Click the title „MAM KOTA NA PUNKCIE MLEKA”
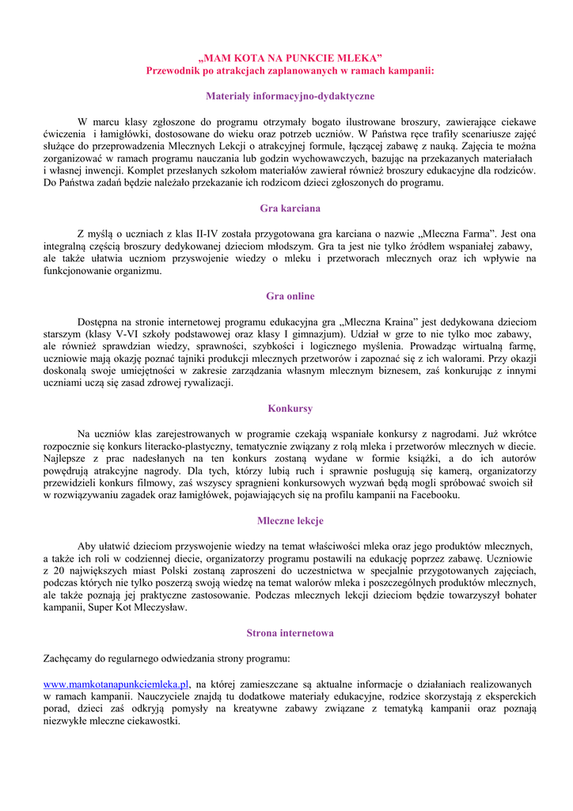pyautogui.click(x=290, y=58)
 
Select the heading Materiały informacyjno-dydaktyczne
pyautogui.click(x=290, y=96)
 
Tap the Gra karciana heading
pyautogui.click(x=290, y=208)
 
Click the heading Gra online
pyautogui.click(x=290, y=296)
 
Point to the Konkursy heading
pyautogui.click(x=290, y=409)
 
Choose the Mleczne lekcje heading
pyautogui.click(x=290, y=521)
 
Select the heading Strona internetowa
pyautogui.click(x=290, y=634)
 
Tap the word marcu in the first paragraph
pyautogui.click(x=106, y=122)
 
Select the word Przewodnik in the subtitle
pyautogui.click(x=174, y=71)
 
